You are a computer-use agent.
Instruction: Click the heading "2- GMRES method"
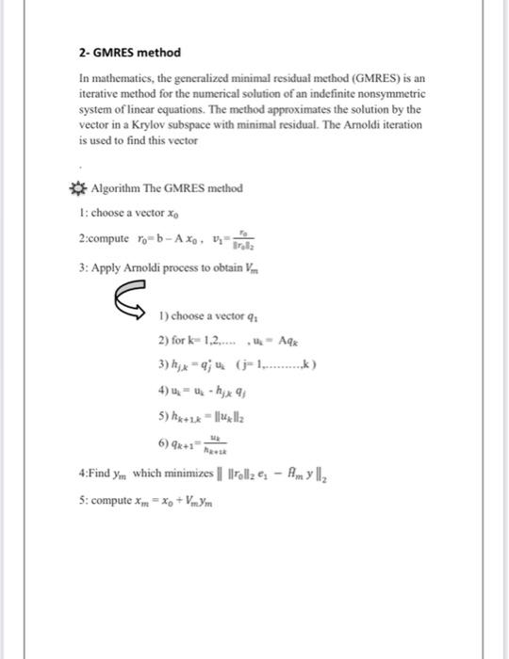pyautogui.click(x=129, y=52)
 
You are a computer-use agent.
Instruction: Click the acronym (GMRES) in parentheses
pyautogui.click(x=365, y=80)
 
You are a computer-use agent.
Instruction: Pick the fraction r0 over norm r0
pyautogui.click(x=247, y=239)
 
